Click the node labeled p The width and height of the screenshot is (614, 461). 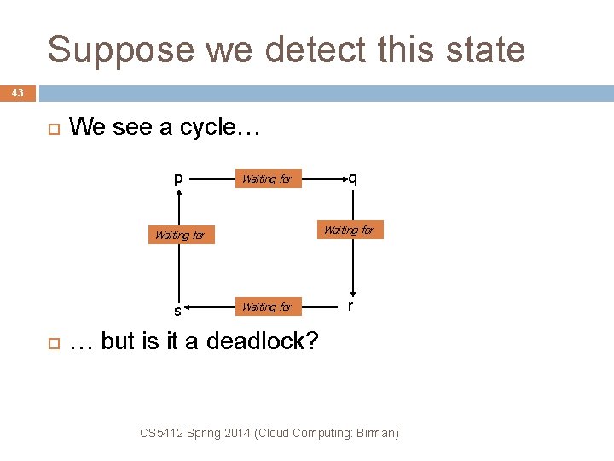pyautogui.click(x=178, y=178)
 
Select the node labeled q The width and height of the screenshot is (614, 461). pyautogui.click(x=352, y=178)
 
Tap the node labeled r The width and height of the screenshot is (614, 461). pyautogui.click(x=350, y=306)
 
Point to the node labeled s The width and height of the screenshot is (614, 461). pyautogui.click(x=177, y=309)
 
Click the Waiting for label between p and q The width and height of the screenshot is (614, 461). pyautogui.click(x=267, y=179)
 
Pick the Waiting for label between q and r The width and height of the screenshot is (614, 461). pyautogui.click(x=348, y=230)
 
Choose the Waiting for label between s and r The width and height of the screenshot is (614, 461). pyautogui.click(x=267, y=306)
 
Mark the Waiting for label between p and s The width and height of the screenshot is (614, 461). pyautogui.click(x=180, y=235)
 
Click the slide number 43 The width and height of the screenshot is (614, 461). pyautogui.click(x=18, y=92)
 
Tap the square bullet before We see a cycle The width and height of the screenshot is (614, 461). pyautogui.click(x=51, y=128)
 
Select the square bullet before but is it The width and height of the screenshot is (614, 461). pyautogui.click(x=51, y=341)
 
